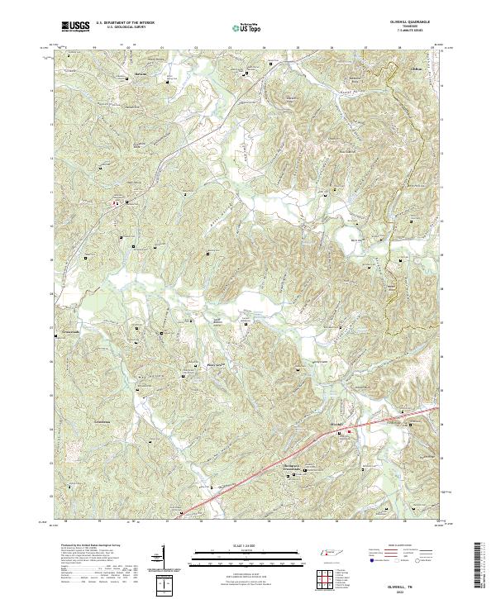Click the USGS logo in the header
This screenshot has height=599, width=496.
coord(76,27)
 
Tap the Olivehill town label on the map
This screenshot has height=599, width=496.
coord(335,425)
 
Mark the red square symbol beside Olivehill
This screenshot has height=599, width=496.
coord(349,431)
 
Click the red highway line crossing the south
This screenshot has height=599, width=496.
coord(273,467)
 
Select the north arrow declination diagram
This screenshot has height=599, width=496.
coord(163,558)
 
